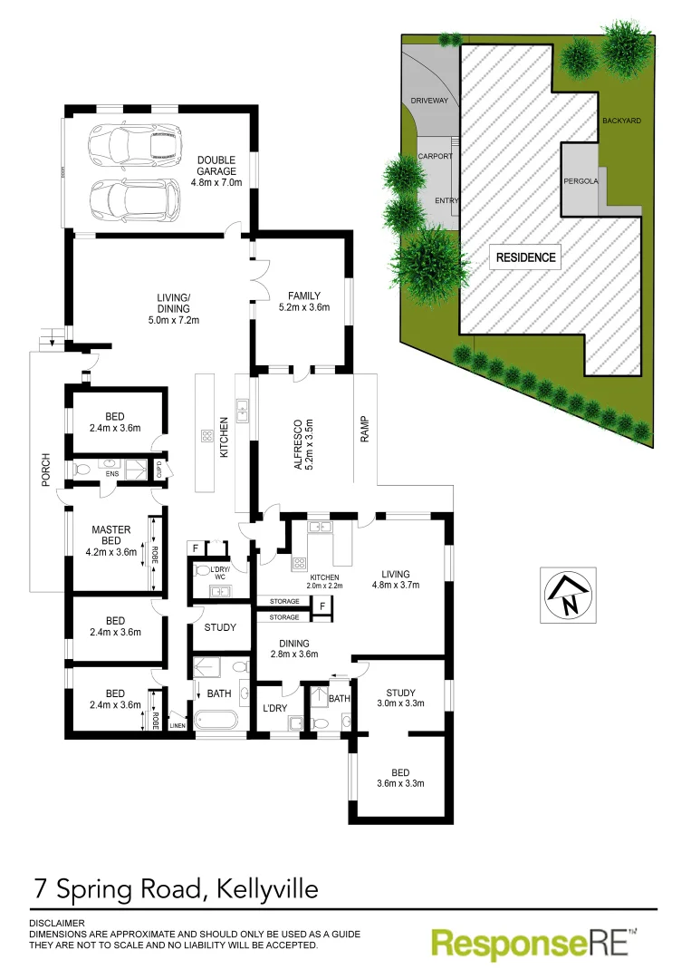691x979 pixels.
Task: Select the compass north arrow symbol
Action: pyautogui.click(x=569, y=595)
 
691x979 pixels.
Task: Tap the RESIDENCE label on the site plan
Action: pyautogui.click(x=525, y=257)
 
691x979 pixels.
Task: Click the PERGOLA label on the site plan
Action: pyautogui.click(x=581, y=181)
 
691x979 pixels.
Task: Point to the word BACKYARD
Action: pyautogui.click(x=621, y=121)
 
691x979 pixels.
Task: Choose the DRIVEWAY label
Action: pyautogui.click(x=429, y=101)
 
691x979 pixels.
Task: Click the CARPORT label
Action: pyautogui.click(x=434, y=157)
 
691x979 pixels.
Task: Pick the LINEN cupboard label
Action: pyautogui.click(x=177, y=725)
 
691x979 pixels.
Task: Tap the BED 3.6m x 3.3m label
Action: pyautogui.click(x=401, y=777)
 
